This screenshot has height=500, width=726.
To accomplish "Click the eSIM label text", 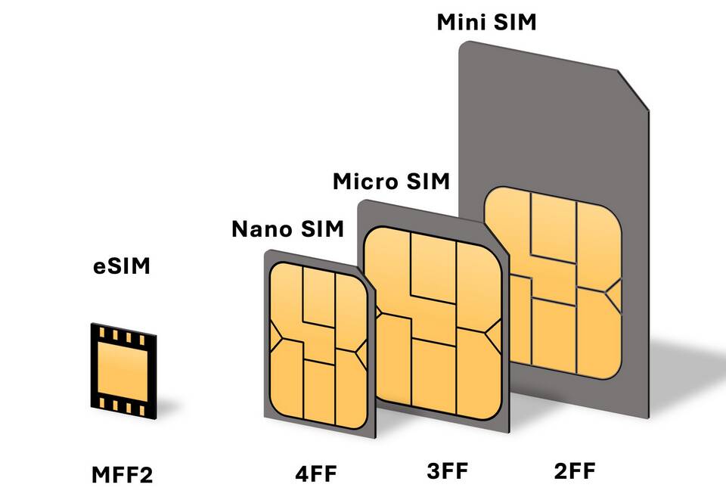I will click(x=122, y=266).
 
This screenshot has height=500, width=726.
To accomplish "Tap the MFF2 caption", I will click(x=122, y=475).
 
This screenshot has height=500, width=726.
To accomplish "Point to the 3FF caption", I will click(x=448, y=471).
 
